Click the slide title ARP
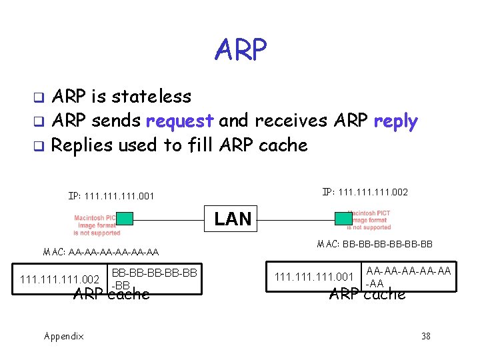(241, 49)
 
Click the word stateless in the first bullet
(151, 97)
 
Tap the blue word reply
(395, 121)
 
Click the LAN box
(233, 218)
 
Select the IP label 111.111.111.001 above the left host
(111, 197)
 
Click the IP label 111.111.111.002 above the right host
(365, 192)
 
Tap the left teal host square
(125, 218)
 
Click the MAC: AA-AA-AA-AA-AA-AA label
(101, 252)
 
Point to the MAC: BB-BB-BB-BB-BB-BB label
(375, 244)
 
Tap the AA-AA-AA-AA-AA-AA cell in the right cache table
(409, 277)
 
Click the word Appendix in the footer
(64, 336)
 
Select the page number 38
(426, 336)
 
